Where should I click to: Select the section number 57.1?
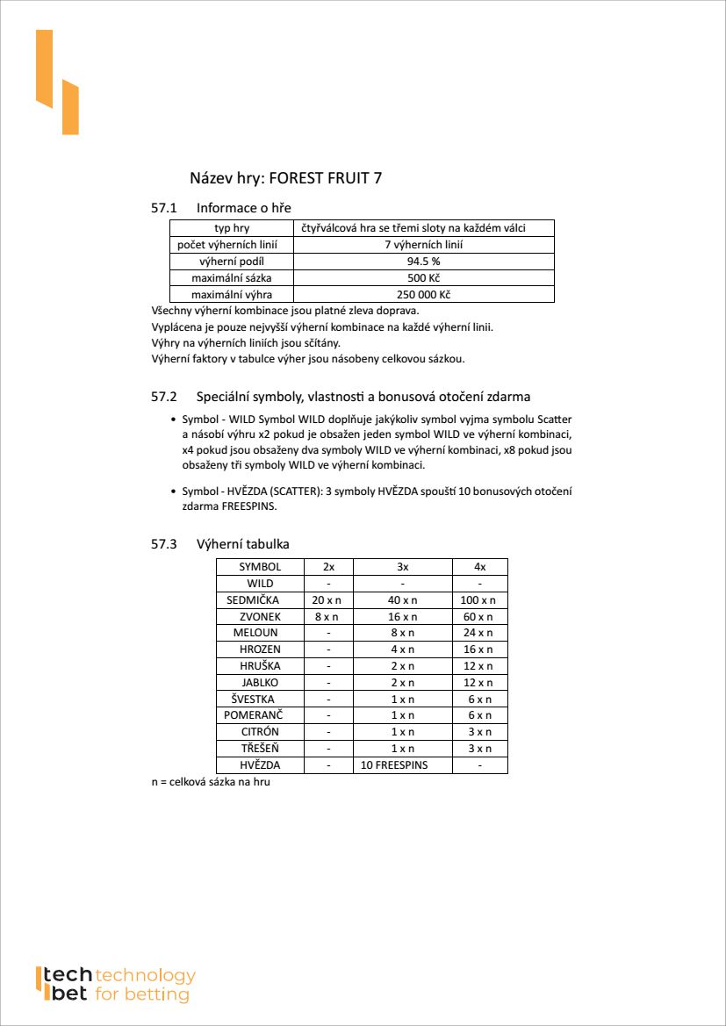tap(164, 208)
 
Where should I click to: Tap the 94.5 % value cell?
tap(423, 262)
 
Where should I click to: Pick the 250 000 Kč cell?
tap(423, 295)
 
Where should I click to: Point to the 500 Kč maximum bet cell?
tap(423, 278)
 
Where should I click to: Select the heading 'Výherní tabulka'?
tap(242, 544)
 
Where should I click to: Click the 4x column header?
tap(479, 567)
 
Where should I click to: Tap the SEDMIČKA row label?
tap(253, 600)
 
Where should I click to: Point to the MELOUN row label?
tap(255, 633)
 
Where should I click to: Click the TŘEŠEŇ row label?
tap(260, 749)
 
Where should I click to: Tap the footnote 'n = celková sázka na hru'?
tap(211, 781)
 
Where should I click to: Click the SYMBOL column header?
tap(260, 567)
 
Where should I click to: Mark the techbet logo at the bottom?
tap(114, 985)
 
